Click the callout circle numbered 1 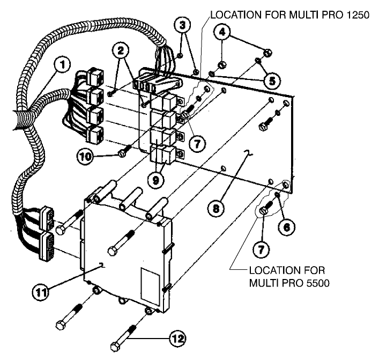(x=63, y=66)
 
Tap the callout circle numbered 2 (x=122, y=52)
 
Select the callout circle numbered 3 (x=182, y=25)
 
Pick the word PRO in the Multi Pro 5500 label (x=291, y=282)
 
